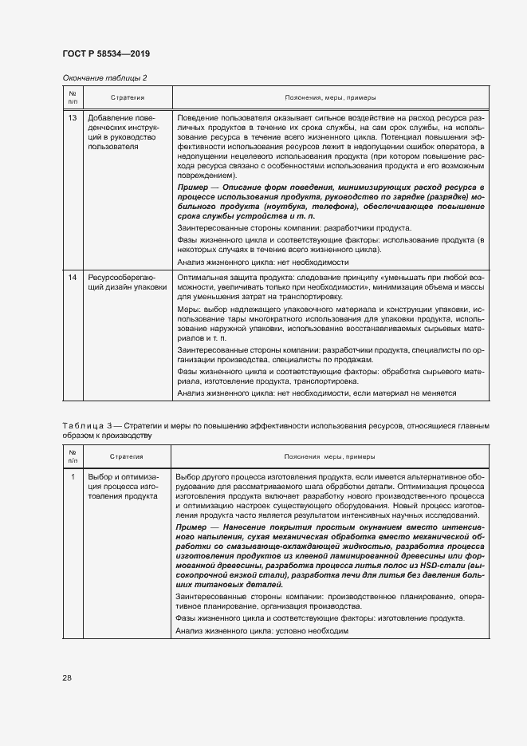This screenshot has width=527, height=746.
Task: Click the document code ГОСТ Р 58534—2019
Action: pyautogui.click(x=105, y=53)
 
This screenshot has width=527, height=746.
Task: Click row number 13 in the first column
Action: pyautogui.click(x=73, y=118)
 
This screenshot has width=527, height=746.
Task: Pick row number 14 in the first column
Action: pyautogui.click(x=73, y=276)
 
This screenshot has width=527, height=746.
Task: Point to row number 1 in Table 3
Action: pyautogui.click(x=73, y=476)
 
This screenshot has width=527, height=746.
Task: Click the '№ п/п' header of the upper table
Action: pyautogui.click(x=73, y=97)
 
